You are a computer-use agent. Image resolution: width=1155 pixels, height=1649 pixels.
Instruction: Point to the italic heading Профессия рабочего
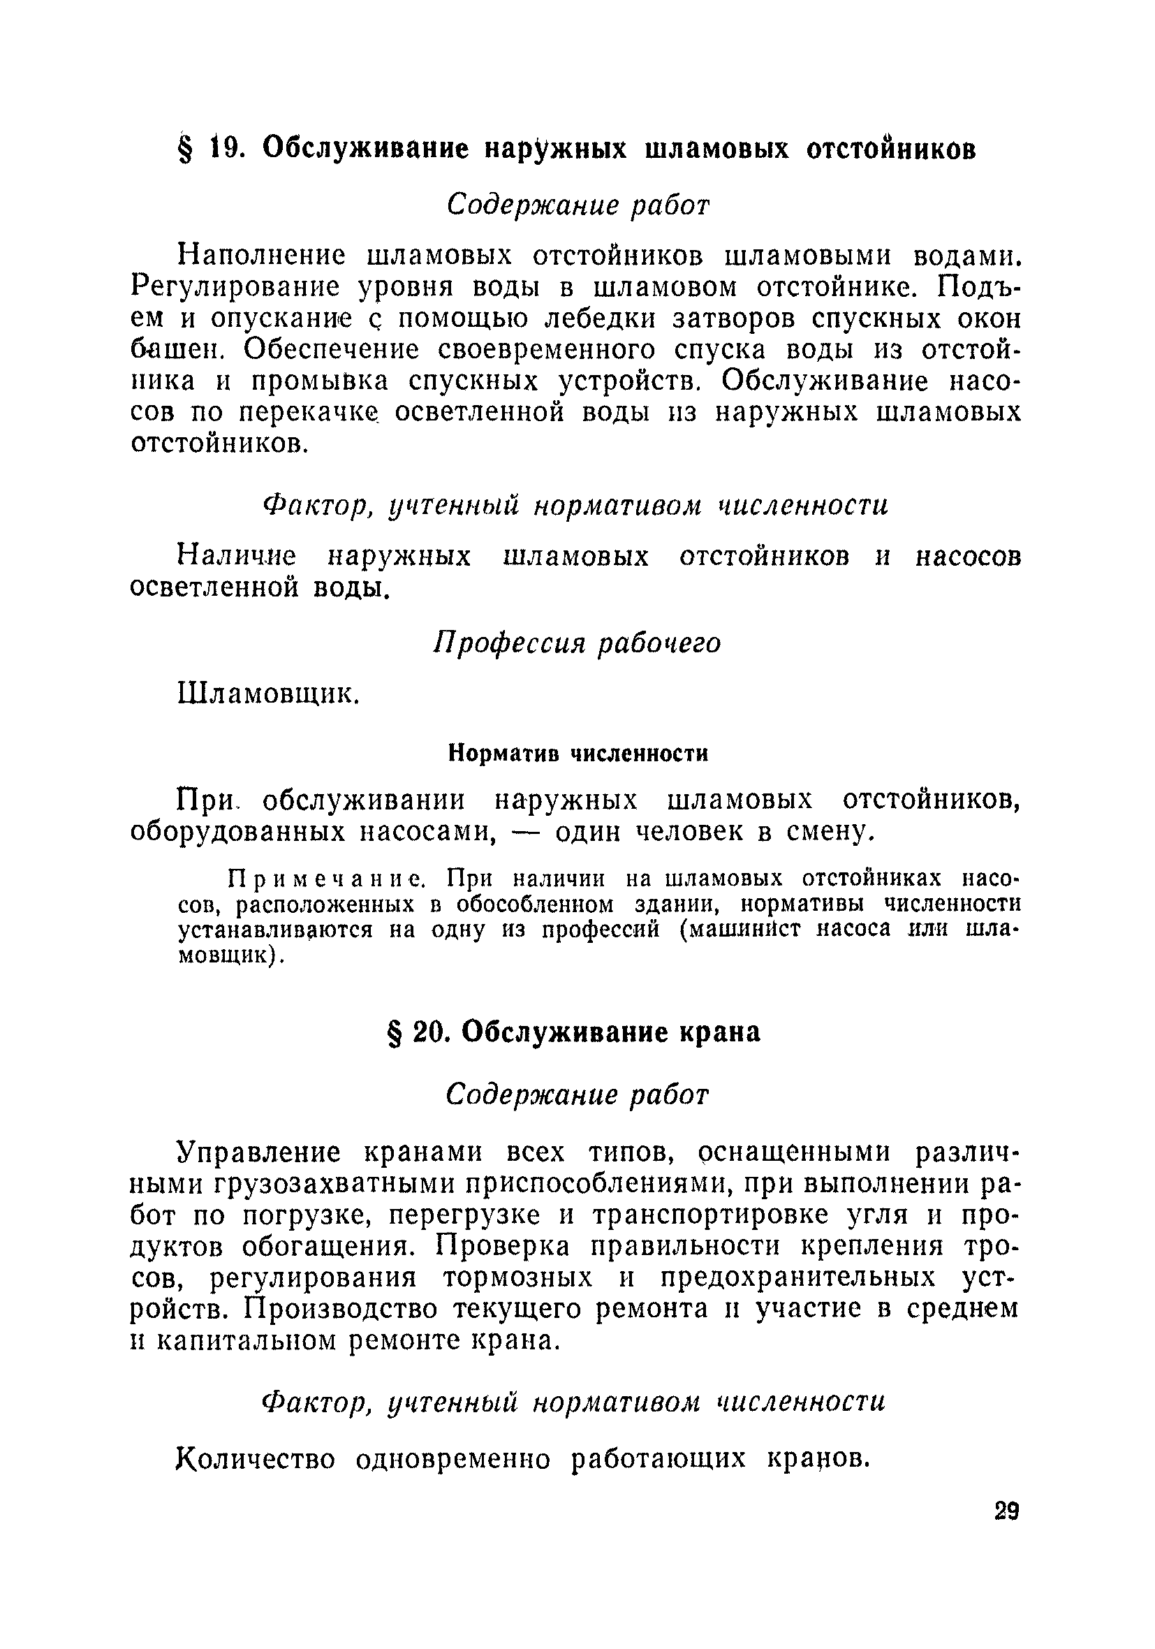tap(577, 643)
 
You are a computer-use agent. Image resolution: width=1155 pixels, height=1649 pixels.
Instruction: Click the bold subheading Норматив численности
tap(578, 753)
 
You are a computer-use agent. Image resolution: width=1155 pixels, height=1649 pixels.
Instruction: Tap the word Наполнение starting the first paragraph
tap(261, 255)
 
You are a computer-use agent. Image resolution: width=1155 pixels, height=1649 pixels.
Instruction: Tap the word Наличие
tap(237, 557)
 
